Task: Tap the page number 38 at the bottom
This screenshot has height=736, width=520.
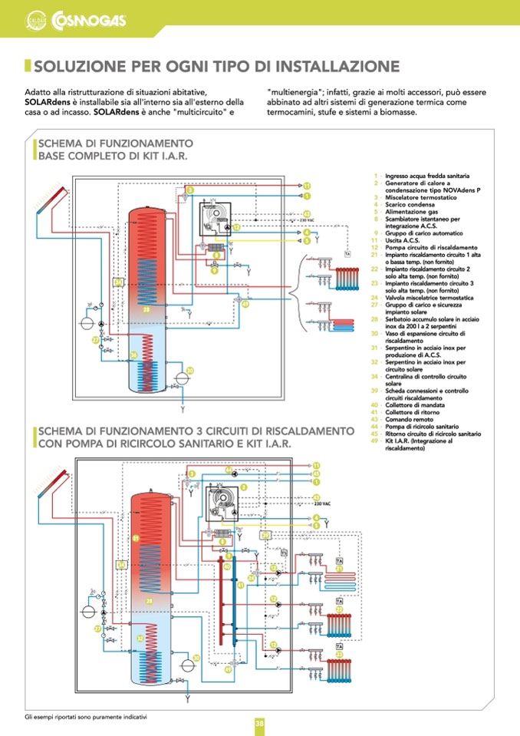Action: (x=260, y=723)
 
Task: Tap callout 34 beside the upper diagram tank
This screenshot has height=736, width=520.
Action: (x=117, y=282)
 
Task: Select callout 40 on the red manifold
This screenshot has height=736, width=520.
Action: (x=227, y=566)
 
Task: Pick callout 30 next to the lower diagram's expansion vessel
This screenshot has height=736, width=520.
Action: (x=196, y=658)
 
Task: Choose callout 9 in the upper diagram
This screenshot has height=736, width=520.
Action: (x=214, y=270)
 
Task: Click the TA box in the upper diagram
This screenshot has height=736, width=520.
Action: (x=347, y=253)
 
